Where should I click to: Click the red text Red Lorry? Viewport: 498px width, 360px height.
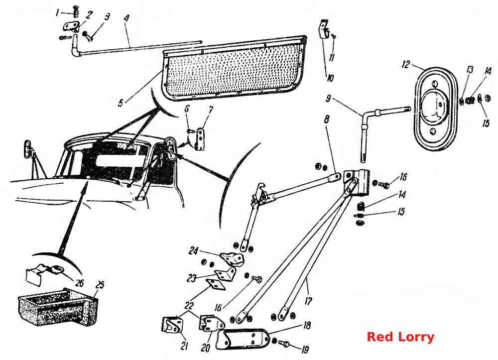[400, 337]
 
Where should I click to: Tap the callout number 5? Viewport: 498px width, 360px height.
[121, 103]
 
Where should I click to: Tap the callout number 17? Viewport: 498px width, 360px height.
[308, 301]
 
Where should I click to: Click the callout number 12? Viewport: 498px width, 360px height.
[406, 65]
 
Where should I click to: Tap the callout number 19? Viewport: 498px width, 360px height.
[305, 350]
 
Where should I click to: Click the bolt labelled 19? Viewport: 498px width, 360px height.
[284, 343]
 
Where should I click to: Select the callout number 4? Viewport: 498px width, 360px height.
[126, 17]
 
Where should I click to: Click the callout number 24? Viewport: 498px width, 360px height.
[193, 251]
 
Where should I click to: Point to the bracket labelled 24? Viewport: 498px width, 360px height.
[233, 259]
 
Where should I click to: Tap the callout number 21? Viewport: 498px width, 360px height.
[184, 346]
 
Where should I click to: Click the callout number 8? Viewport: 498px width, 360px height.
[326, 120]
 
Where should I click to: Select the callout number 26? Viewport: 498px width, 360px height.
[79, 282]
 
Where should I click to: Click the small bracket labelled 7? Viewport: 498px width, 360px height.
[200, 139]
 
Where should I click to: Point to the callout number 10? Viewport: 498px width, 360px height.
[330, 78]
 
